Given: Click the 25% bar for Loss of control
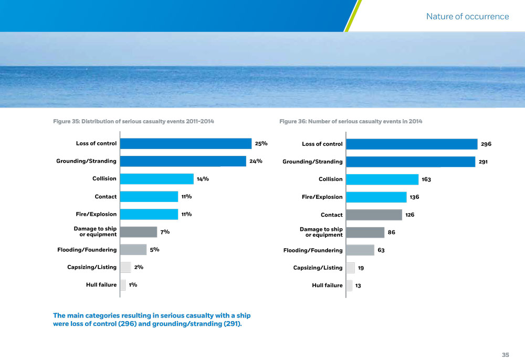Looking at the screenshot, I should click(x=186, y=143).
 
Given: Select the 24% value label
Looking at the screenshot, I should click(x=256, y=161).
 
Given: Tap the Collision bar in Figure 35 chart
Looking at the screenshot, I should click(x=156, y=179).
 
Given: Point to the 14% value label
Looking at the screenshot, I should click(x=203, y=179).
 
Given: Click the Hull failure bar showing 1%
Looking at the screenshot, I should click(x=123, y=285).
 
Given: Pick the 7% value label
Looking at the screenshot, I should click(x=165, y=232).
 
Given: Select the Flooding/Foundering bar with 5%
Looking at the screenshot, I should click(x=133, y=250).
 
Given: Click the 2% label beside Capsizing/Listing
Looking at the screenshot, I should click(x=139, y=267).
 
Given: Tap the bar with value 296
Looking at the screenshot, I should click(x=412, y=144).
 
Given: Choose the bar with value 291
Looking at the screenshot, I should click(x=411, y=162).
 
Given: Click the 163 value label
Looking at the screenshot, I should click(x=426, y=179).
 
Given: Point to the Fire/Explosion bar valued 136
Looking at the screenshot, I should click(x=376, y=197).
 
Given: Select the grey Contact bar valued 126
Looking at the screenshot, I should click(x=374, y=215).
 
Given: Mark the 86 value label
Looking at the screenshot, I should click(x=392, y=232).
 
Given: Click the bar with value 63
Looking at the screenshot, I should click(x=360, y=250).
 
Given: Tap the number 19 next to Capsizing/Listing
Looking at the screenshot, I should click(x=361, y=268).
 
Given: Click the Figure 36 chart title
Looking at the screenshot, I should click(x=351, y=122).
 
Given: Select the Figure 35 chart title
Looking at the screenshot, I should click(x=133, y=122).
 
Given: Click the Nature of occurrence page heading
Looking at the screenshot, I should click(x=467, y=16).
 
